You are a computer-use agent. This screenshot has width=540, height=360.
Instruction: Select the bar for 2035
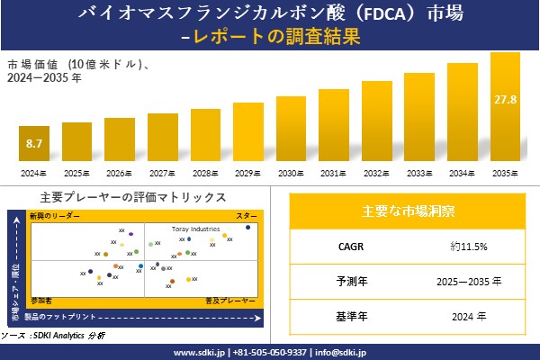pyautogui.click(x=504, y=108)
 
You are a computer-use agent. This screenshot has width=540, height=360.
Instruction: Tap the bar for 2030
pyautogui.click(x=291, y=130)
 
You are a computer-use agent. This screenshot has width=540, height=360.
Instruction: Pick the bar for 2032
pyautogui.click(x=376, y=121)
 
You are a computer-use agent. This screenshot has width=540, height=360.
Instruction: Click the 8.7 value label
pyautogui.click(x=35, y=143)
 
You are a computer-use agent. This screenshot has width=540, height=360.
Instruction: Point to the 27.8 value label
pyautogui.click(x=505, y=99)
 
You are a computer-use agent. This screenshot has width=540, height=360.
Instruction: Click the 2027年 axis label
pyautogui.click(x=163, y=173)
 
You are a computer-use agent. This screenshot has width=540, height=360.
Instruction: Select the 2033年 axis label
pyautogui.click(x=419, y=173)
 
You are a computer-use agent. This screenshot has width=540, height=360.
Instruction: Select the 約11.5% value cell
pyautogui.click(x=463, y=246)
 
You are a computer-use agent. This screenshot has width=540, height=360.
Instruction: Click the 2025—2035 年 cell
pyautogui.click(x=463, y=281)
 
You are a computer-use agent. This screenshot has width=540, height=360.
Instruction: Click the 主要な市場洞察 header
pyautogui.click(x=408, y=211)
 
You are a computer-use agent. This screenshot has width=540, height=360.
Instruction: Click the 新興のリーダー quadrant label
pyautogui.click(x=55, y=217)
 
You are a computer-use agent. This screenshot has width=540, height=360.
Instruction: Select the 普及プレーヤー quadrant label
pyautogui.click(x=232, y=298)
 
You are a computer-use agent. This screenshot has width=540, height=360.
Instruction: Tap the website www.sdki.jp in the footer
pyautogui.click(x=198, y=352)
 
